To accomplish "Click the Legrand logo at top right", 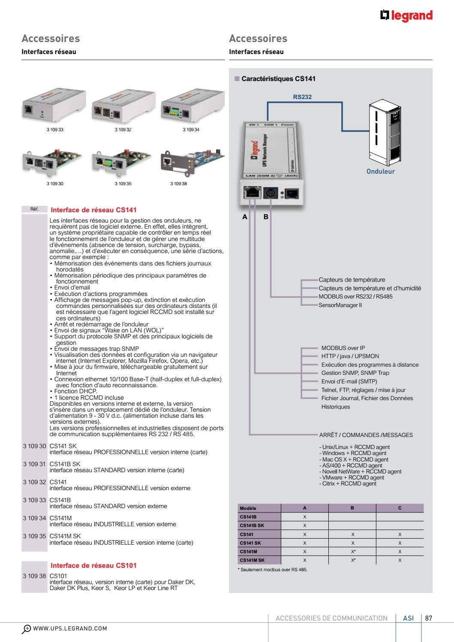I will (406, 16).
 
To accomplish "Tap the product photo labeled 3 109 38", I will (192, 162).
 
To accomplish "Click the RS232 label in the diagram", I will (302, 97).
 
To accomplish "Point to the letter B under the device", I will (266, 217).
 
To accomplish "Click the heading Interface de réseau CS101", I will (93, 565).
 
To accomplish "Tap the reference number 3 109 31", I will (34, 464).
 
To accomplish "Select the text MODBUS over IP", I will (343, 348).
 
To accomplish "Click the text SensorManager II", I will (340, 305).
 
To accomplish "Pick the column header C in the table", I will (400, 508).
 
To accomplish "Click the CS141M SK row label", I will (252, 560).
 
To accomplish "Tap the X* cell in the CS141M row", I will (353, 552).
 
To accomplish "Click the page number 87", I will (428, 618).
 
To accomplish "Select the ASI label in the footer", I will (408, 618).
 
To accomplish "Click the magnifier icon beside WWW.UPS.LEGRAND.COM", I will (27, 629).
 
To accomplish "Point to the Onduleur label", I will (380, 171).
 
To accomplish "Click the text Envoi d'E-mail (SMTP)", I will (349, 381).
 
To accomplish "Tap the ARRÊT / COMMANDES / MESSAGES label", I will (366, 435).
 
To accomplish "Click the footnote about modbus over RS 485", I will (273, 570).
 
